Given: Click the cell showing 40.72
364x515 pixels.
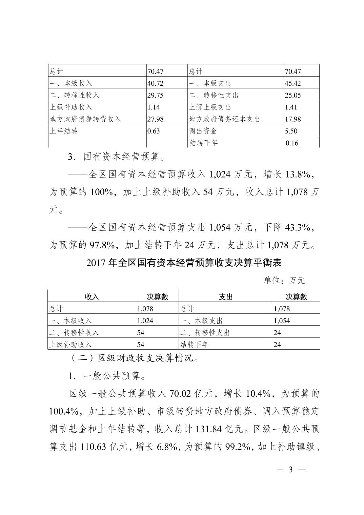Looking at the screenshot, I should (x=156, y=83).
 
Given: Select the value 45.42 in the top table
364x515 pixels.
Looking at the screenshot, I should (x=293, y=83).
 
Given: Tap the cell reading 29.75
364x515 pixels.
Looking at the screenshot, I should (x=156, y=95).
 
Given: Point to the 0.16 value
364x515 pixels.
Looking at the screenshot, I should (x=292, y=143).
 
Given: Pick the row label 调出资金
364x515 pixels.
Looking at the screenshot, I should (x=203, y=131).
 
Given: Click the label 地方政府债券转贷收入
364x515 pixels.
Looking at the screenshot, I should (x=85, y=119).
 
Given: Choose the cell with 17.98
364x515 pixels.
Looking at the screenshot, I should (x=293, y=119).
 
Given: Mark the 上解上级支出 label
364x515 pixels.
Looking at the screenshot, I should (x=210, y=107).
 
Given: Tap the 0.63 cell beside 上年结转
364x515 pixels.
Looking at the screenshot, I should (x=154, y=131).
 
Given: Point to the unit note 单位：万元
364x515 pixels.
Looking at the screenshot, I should (x=284, y=281).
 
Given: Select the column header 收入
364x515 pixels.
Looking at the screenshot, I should (x=92, y=297).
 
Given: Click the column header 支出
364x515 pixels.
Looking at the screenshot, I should (x=226, y=297).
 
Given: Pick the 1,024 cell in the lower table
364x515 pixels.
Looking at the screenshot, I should (x=145, y=321).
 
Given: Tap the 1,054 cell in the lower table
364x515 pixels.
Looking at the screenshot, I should (x=282, y=321).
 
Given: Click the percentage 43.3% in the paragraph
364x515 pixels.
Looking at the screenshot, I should (x=298, y=227).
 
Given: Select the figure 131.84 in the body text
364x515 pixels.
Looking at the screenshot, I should (x=209, y=429).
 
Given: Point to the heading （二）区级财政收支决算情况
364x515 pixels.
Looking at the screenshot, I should (x=135, y=358).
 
